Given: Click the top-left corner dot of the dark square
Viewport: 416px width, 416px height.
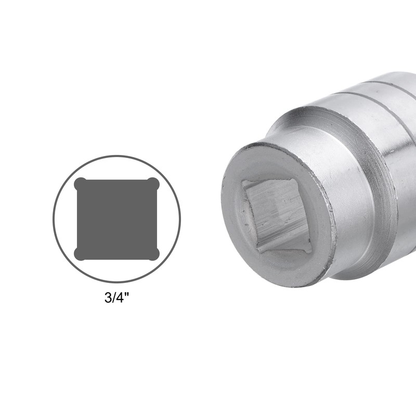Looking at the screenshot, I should [80, 184].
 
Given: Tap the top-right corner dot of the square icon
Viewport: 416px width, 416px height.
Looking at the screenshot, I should [153, 184].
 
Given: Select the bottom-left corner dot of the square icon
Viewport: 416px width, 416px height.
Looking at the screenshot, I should [80, 254].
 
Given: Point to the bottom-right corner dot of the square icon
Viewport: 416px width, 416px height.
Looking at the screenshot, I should [153, 254].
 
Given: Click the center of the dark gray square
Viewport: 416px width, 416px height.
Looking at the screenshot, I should [116, 219].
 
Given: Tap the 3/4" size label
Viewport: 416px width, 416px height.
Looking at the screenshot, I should [117, 297].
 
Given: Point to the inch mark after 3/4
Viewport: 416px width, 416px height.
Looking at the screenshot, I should [127, 295].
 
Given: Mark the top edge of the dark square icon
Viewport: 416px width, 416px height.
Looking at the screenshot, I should [116, 181].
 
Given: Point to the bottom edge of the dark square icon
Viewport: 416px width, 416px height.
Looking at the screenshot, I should [116, 258].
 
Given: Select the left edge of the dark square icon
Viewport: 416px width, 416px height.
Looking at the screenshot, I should [77, 219].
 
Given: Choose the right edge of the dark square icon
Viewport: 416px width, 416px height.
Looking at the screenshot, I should [156, 219].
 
